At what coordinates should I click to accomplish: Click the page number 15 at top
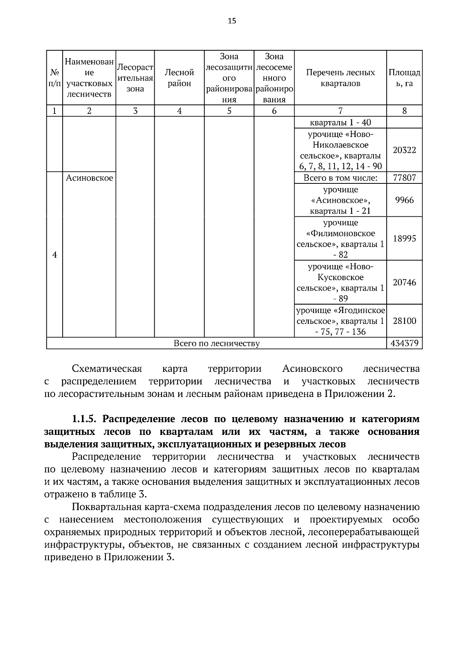click(x=232, y=21)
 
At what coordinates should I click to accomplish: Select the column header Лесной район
click(x=179, y=78)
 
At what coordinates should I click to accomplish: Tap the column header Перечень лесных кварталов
click(x=340, y=78)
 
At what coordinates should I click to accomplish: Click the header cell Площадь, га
click(x=404, y=78)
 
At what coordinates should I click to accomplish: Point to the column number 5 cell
click(x=229, y=111)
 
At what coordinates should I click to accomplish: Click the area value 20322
click(x=404, y=150)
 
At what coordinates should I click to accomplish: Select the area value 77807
click(x=404, y=178)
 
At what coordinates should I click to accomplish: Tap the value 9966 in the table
click(x=404, y=200)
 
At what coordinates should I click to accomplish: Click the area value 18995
click(x=404, y=238)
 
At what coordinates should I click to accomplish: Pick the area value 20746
click(x=404, y=282)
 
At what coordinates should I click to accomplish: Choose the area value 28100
click(x=404, y=321)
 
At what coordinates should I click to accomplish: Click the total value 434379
click(x=404, y=343)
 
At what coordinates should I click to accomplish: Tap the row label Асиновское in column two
click(x=89, y=178)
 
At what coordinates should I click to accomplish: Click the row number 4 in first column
click(x=55, y=255)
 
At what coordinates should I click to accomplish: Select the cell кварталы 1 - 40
click(x=340, y=123)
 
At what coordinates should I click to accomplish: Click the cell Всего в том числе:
click(x=340, y=178)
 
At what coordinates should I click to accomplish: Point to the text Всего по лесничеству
click(x=217, y=343)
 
